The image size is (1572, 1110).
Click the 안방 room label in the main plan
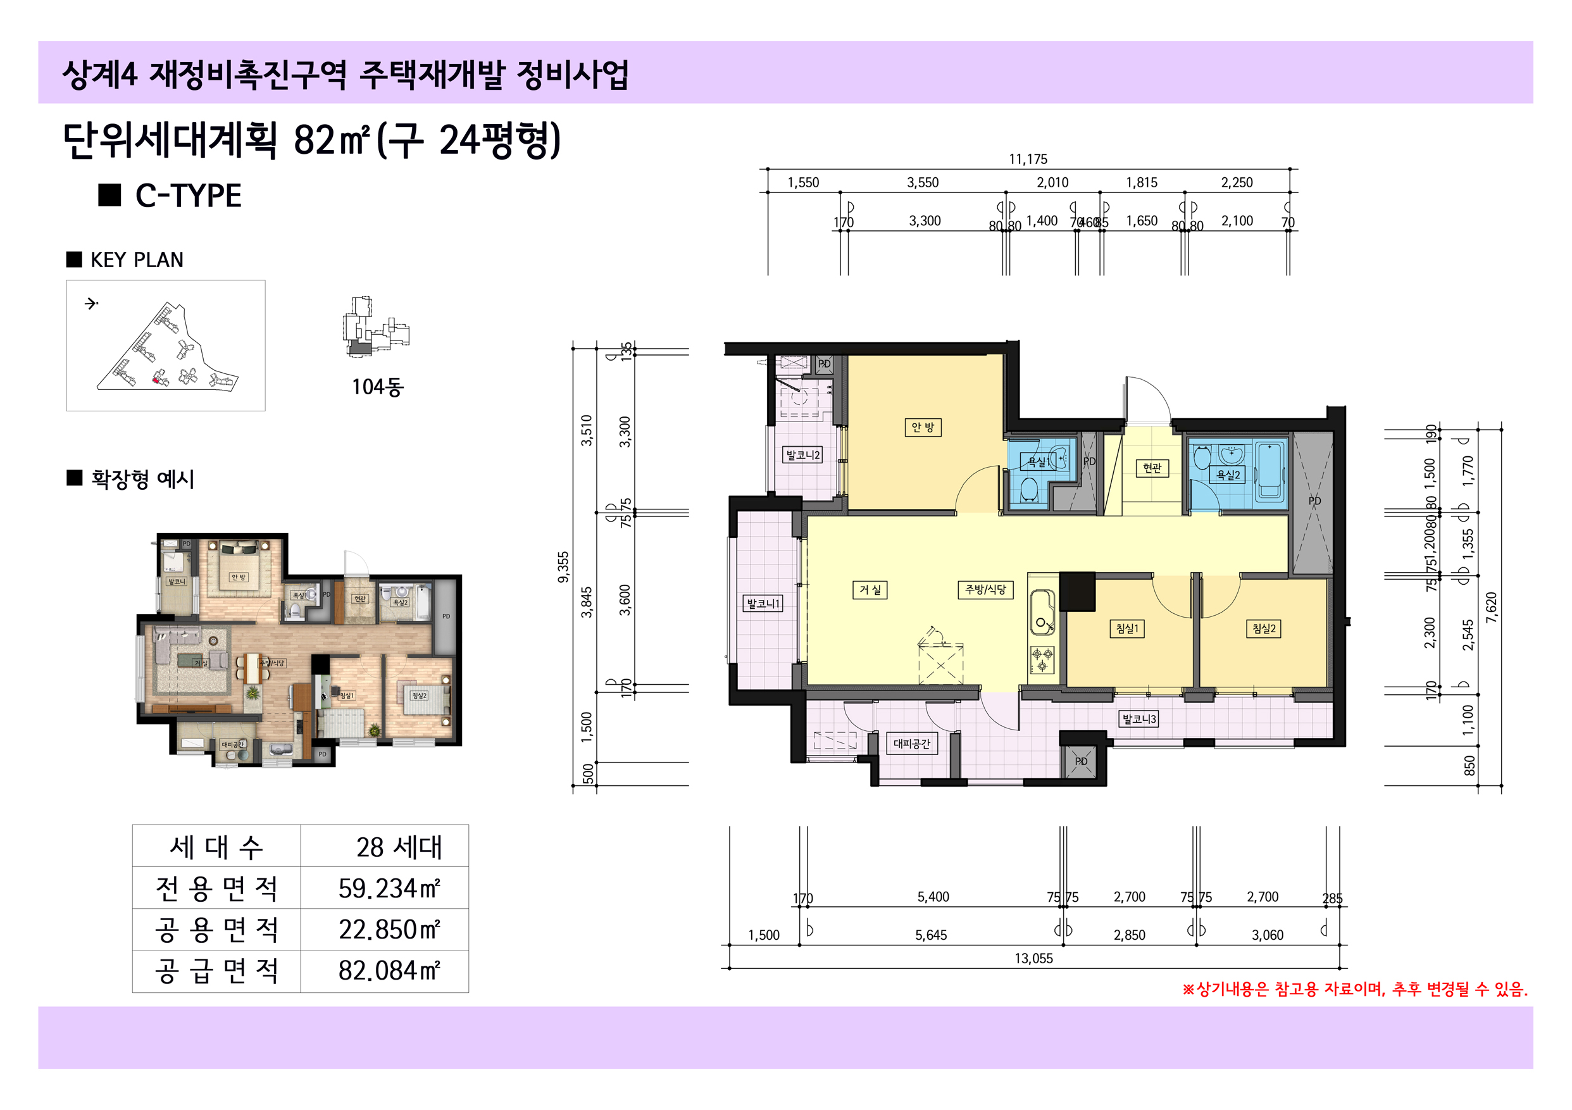click(922, 427)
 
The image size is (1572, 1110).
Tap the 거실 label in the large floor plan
click(870, 590)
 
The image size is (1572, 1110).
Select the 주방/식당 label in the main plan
click(985, 590)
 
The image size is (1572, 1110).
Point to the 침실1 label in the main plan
click(1127, 628)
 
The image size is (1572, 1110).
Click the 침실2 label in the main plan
click(1263, 628)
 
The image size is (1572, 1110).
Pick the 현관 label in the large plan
click(1152, 468)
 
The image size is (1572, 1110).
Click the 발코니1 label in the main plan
click(762, 603)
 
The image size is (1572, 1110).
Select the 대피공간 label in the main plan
click(911, 744)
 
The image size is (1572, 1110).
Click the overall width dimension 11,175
click(1028, 159)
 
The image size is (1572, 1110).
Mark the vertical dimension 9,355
click(563, 567)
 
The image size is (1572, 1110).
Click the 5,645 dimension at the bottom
click(930, 935)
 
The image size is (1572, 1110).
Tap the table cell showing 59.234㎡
click(388, 889)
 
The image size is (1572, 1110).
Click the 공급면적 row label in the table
click(216, 971)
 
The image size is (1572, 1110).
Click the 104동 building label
click(377, 387)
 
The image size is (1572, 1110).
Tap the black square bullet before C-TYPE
click(109, 195)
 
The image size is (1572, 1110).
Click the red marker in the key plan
click(156, 380)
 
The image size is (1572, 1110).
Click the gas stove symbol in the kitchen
click(1042, 659)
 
